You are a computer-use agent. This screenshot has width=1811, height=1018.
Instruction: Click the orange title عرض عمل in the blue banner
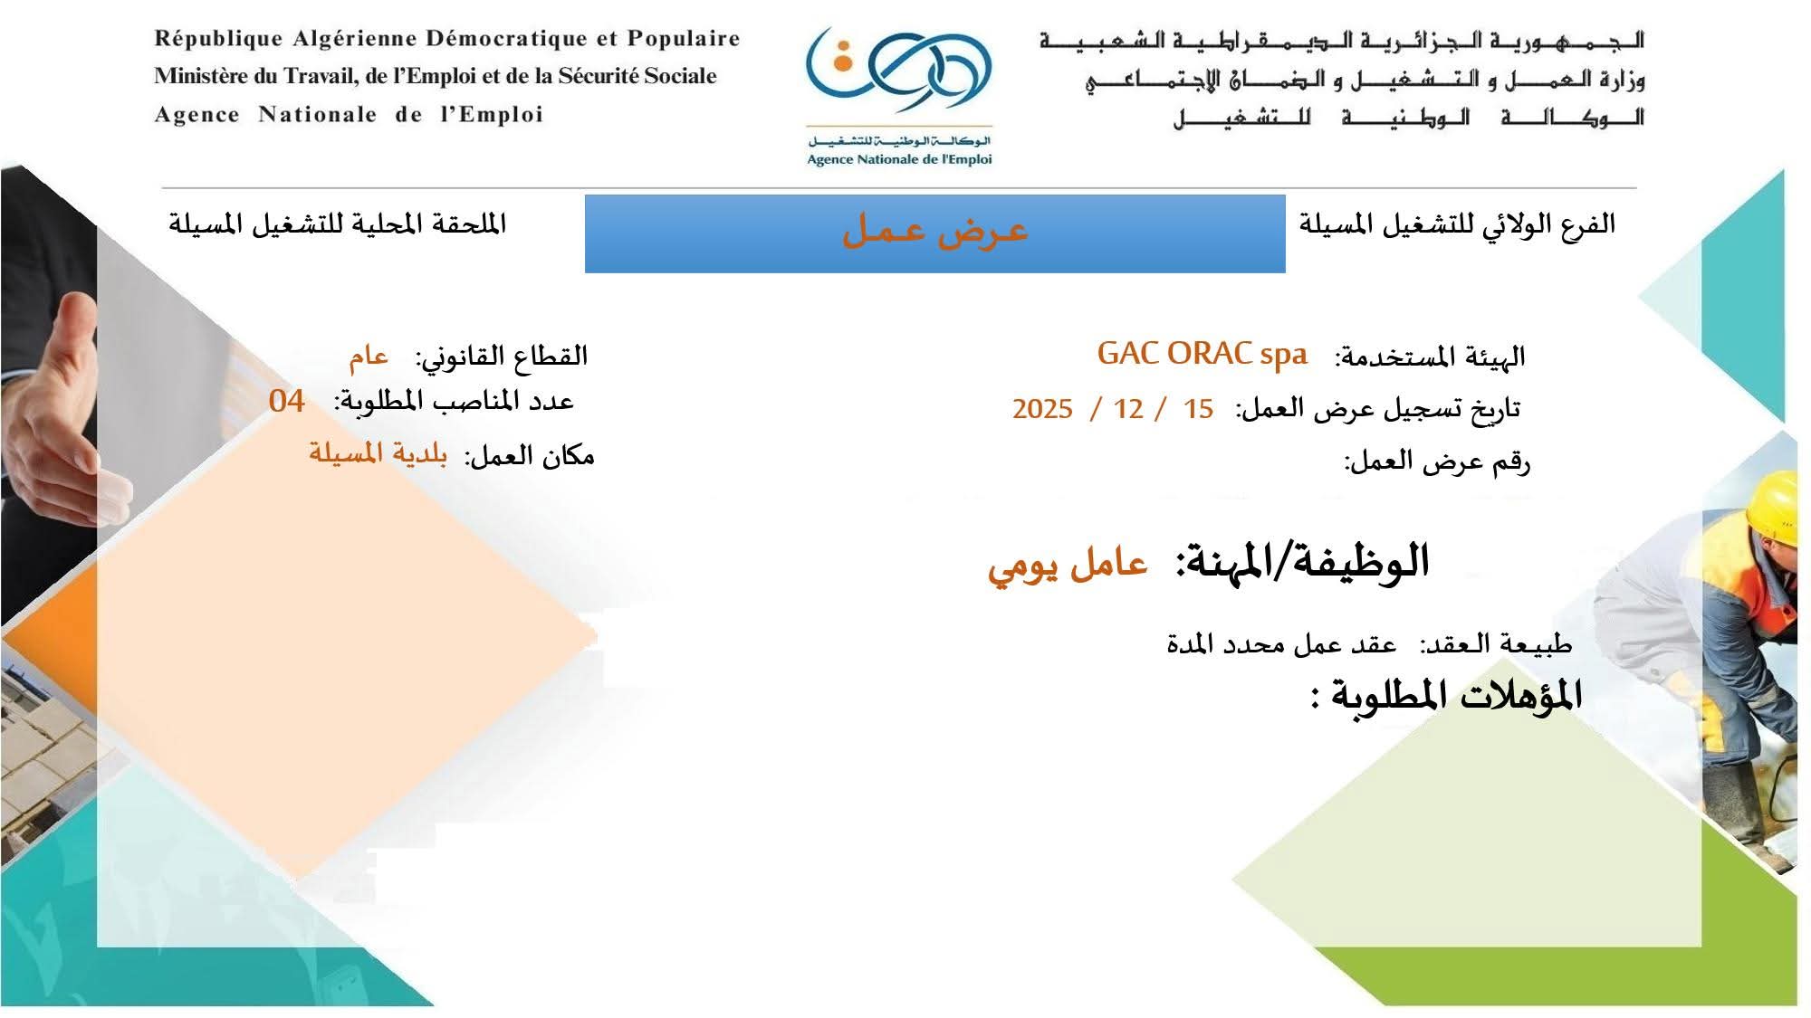(x=935, y=231)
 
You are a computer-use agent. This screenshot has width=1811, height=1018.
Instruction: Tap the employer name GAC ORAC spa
(x=1203, y=354)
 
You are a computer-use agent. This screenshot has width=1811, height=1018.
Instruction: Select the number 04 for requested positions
(x=287, y=401)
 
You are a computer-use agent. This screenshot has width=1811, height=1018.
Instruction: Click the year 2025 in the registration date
(x=1042, y=409)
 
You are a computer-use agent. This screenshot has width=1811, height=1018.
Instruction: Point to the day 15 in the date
(x=1198, y=409)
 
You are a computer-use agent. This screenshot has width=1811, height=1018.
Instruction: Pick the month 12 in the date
(x=1128, y=409)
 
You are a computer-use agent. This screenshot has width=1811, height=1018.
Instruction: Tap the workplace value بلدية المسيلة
(x=378, y=452)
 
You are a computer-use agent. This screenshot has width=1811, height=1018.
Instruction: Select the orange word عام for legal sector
(x=369, y=357)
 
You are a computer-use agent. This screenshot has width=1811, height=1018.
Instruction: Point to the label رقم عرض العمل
(x=1437, y=461)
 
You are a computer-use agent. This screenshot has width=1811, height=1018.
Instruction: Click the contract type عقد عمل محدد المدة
(x=1282, y=644)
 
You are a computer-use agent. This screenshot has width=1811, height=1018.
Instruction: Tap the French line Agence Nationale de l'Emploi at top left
(x=349, y=115)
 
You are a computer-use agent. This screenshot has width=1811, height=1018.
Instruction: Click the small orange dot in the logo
(x=843, y=63)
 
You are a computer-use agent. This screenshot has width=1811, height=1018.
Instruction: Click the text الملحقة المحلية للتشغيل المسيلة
(x=337, y=224)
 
